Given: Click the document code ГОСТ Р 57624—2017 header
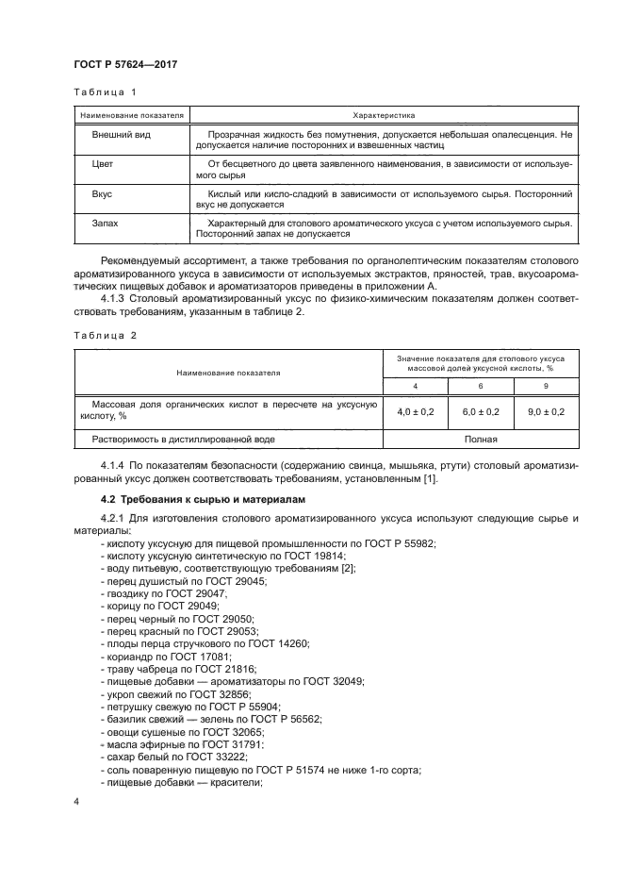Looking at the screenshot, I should [x=125, y=64].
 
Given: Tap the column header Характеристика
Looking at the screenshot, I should [x=384, y=115].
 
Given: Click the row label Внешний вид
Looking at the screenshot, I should [x=114, y=135].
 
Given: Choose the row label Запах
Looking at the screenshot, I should [x=105, y=224].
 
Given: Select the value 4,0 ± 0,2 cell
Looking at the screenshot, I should [x=414, y=411].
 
